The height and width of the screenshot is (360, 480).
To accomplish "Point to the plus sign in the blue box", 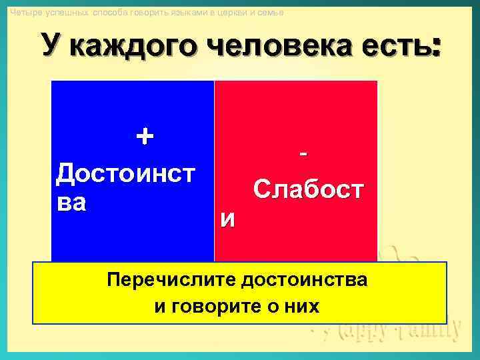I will pos(144,137).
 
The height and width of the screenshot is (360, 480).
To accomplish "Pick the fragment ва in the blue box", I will pos(72,202).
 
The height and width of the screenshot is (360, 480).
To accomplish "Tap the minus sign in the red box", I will pos(305,154).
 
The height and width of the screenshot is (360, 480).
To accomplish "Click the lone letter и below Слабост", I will pos(227,219).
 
